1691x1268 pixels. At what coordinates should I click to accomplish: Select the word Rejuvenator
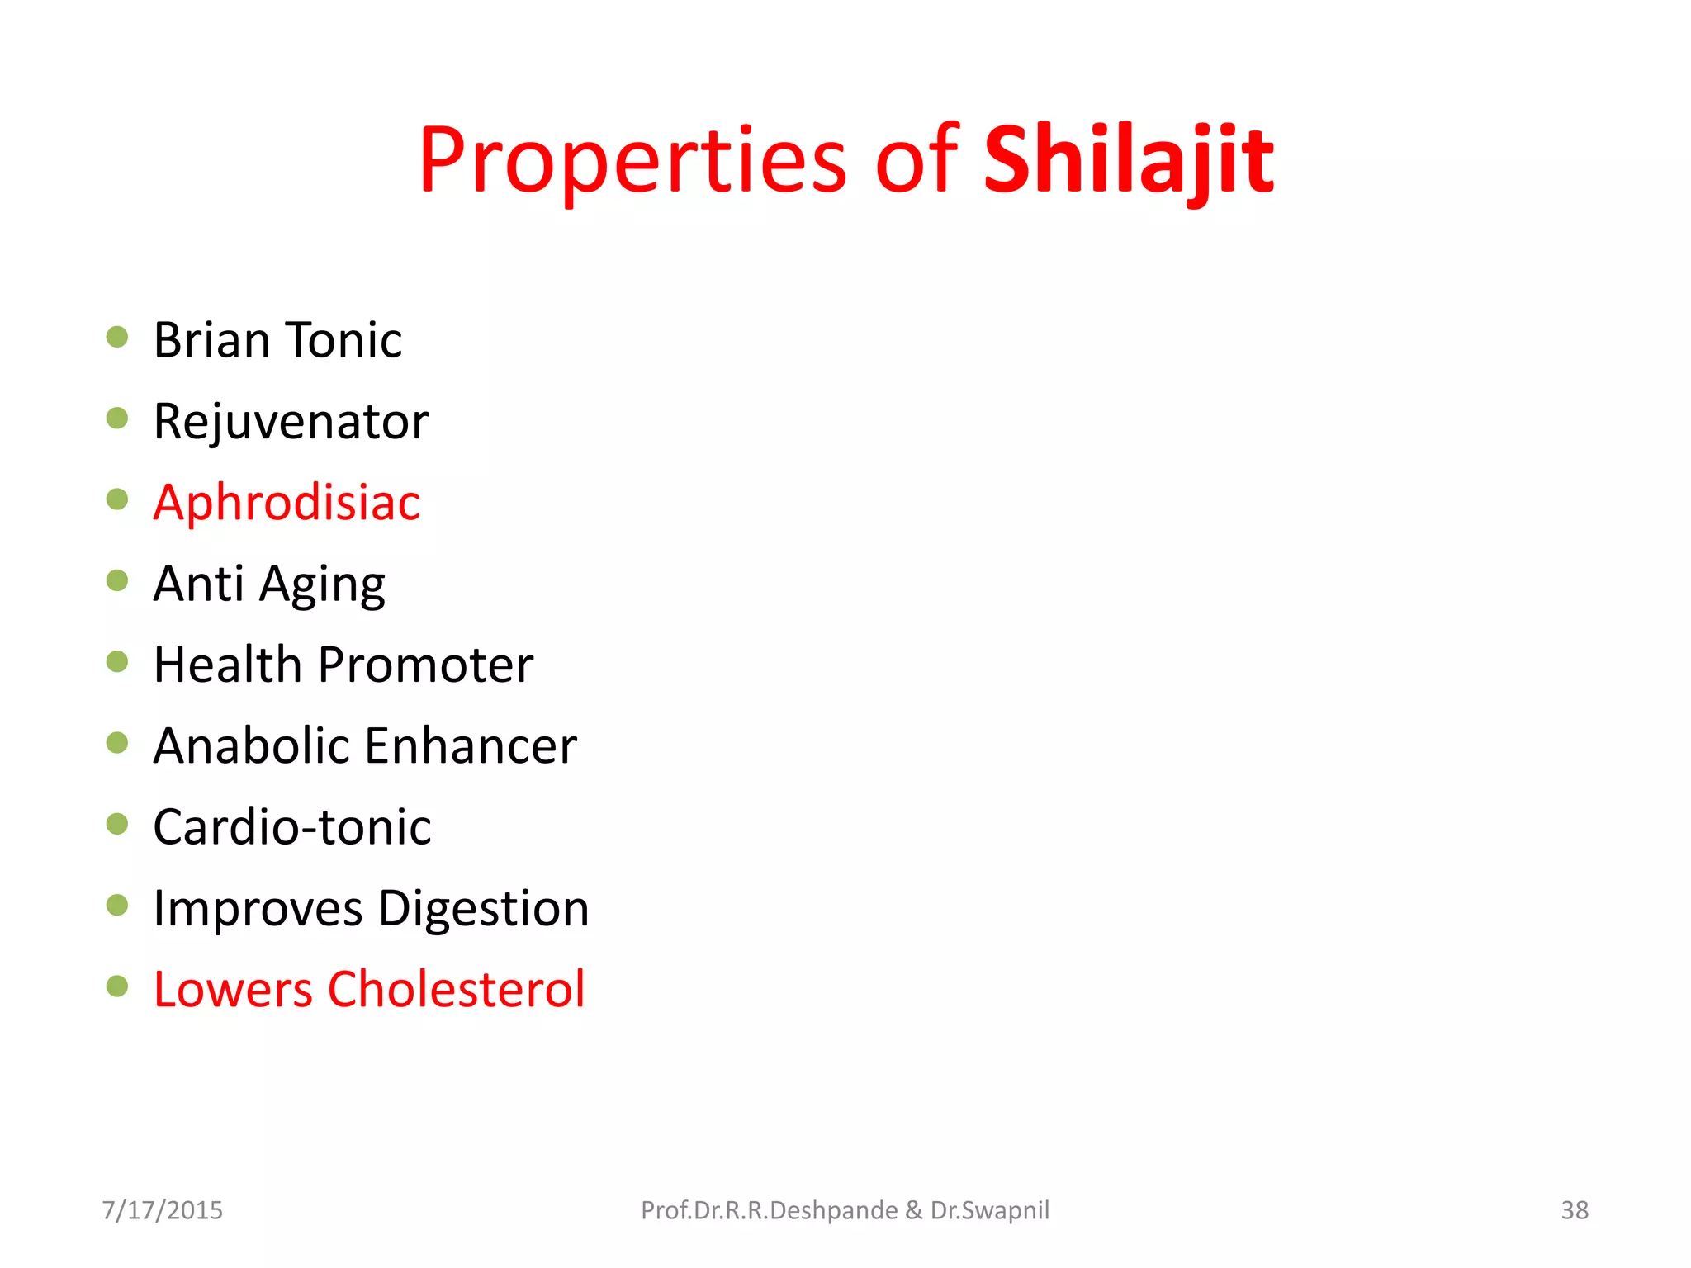coord(291,421)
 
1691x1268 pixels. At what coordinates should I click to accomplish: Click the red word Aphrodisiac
coord(287,502)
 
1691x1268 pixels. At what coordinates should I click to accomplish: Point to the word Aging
coord(322,584)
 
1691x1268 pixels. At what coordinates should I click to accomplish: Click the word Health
coord(228,665)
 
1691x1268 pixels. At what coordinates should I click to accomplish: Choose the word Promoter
coord(425,665)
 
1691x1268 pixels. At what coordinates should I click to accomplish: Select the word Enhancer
coord(471,745)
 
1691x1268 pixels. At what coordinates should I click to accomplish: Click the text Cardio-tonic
coord(291,826)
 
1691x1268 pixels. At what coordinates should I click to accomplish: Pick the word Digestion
coord(484,908)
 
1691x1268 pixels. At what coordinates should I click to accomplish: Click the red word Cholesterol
coord(456,989)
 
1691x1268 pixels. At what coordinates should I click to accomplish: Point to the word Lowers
coord(233,989)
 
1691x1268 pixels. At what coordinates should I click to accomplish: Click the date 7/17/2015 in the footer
coord(162,1210)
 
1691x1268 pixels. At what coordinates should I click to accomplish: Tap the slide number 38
coord(1574,1210)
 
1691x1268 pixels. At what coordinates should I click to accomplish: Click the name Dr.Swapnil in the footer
coord(989,1210)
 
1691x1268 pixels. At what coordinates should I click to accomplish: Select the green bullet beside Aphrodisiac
coord(117,499)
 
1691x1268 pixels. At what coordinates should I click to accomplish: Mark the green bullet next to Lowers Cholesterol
coord(117,986)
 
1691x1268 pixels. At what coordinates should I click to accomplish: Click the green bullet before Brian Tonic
coord(117,337)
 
